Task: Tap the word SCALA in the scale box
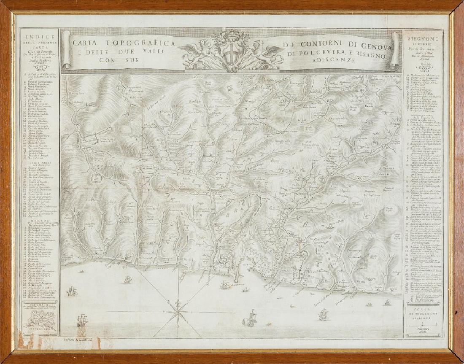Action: click(x=423, y=313)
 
